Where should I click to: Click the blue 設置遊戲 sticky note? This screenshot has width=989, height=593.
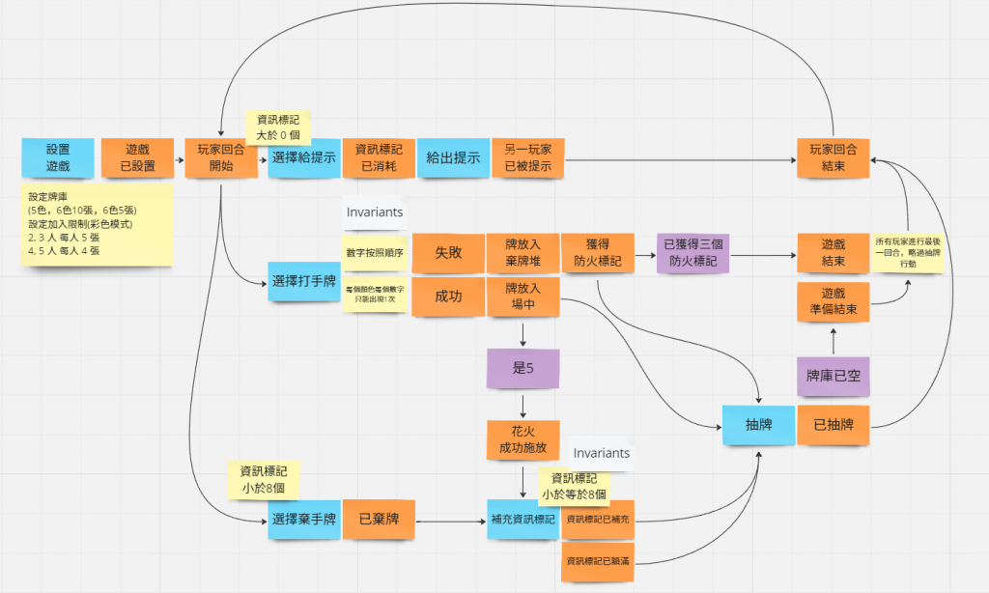[x=58, y=158]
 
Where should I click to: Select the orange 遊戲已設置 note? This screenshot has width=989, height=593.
[x=138, y=158]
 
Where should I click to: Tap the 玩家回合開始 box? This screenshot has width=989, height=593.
[x=221, y=158]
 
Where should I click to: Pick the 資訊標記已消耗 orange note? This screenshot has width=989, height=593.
[x=378, y=158]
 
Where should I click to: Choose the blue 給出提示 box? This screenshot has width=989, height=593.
[x=453, y=158]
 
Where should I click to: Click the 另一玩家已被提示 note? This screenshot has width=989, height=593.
[x=528, y=158]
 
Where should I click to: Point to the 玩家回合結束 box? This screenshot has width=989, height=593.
[x=834, y=158]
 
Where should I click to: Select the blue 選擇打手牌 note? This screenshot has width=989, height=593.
[x=303, y=281]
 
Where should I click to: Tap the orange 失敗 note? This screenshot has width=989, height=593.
[x=448, y=253]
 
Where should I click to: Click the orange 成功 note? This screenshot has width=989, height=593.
[x=448, y=297]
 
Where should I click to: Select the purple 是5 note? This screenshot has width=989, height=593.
[x=523, y=368]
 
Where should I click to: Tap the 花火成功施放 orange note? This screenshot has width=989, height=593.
[x=523, y=439]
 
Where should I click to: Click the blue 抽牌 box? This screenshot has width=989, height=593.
[x=758, y=426]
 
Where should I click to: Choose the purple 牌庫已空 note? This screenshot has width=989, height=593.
[x=834, y=376]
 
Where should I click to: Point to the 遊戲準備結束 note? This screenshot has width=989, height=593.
[x=834, y=300]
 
